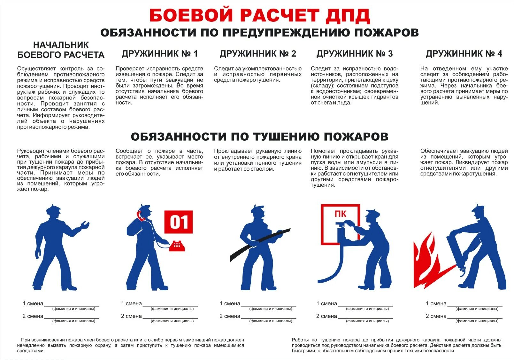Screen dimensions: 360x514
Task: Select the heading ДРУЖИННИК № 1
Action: click(160, 54)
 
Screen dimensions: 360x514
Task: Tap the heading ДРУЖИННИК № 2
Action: click(258, 54)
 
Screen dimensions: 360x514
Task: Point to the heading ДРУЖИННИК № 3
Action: click(355, 54)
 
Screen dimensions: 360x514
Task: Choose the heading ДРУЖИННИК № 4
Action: click(464, 54)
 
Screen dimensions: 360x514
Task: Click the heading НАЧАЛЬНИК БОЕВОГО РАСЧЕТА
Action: click(61, 50)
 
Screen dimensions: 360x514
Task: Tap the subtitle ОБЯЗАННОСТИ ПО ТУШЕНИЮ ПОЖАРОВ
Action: click(259, 137)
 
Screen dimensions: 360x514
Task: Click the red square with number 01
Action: click(179, 222)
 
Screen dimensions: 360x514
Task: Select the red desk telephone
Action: click(177, 246)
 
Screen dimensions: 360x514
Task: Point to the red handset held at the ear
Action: click(140, 215)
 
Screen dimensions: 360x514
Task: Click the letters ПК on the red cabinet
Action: click(340, 214)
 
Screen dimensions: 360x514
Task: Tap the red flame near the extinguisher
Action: click(426, 262)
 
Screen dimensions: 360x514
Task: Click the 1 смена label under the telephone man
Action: click(131, 303)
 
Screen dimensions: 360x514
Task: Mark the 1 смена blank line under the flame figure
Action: click(475, 306)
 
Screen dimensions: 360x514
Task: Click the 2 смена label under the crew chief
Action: click(33, 316)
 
